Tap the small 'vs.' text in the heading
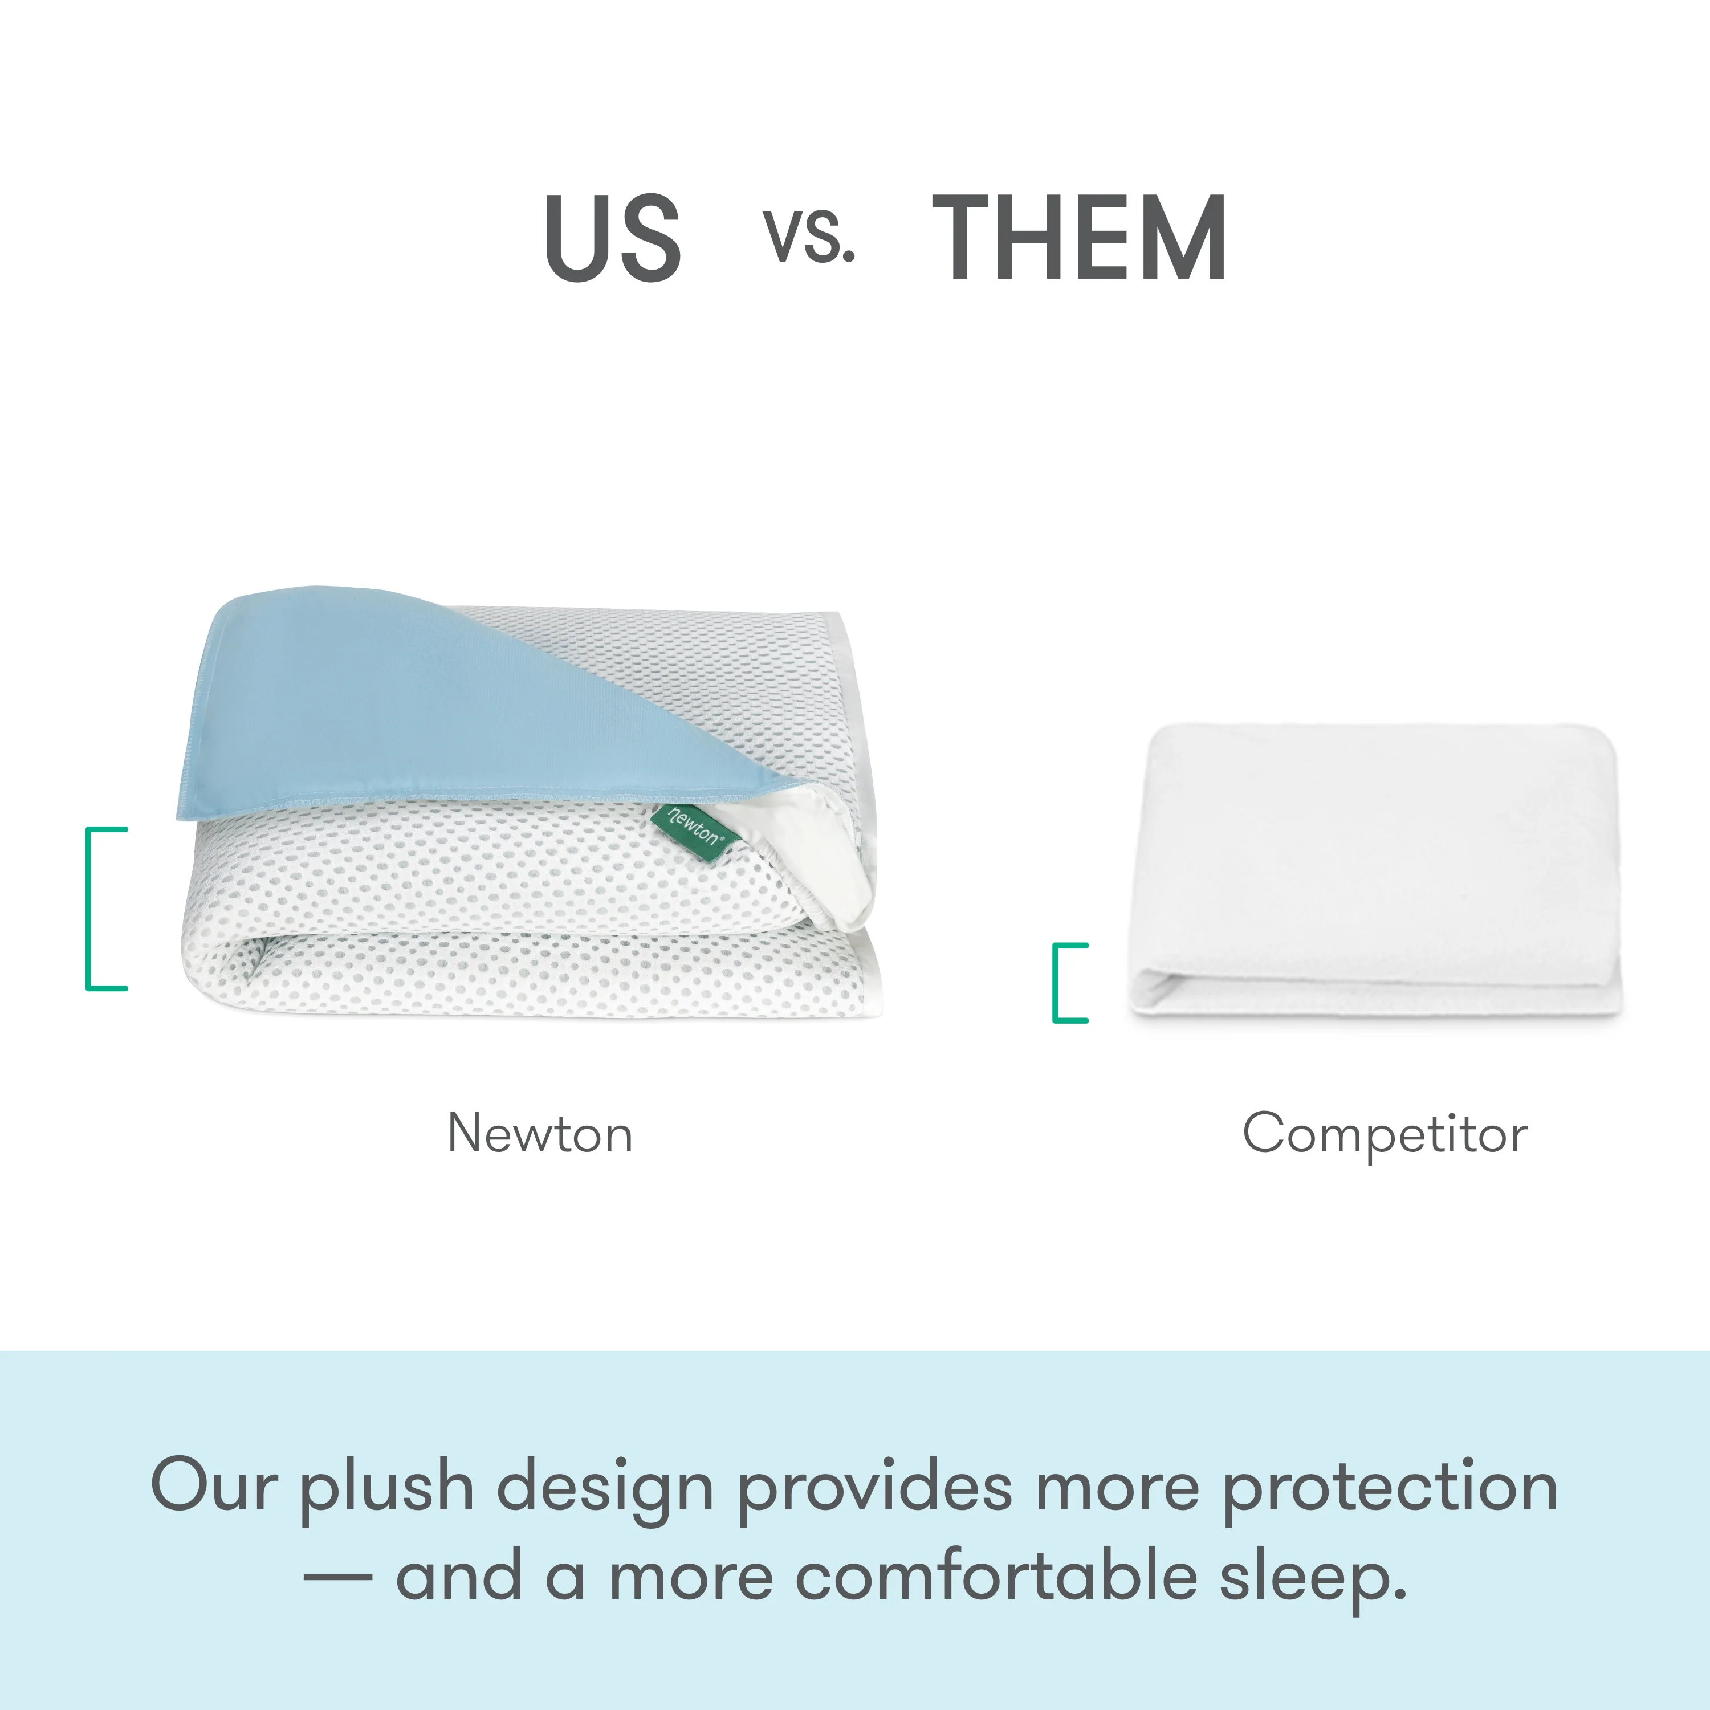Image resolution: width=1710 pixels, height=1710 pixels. (x=809, y=237)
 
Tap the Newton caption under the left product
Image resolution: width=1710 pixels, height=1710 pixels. (x=540, y=1134)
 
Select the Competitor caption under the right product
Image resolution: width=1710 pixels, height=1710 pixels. (x=1385, y=1134)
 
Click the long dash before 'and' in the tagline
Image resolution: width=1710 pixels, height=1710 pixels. (x=337, y=1577)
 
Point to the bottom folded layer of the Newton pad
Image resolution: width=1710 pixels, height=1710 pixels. (x=531, y=983)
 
